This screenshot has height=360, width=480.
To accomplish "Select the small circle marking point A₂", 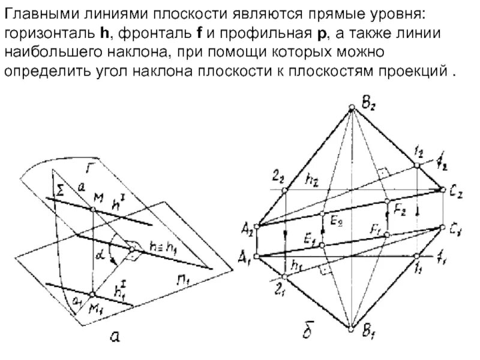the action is pyautogui.click(x=257, y=226).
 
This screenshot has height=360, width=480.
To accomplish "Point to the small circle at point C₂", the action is pyautogui.click(x=444, y=190).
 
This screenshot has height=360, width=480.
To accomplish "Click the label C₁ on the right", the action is pyautogui.click(x=454, y=229).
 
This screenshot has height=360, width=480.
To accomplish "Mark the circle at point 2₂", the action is pyautogui.click(x=286, y=190).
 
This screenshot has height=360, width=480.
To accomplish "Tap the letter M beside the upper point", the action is pyautogui.click(x=98, y=199).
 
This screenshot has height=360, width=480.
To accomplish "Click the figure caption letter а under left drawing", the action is pyautogui.click(x=112, y=338).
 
